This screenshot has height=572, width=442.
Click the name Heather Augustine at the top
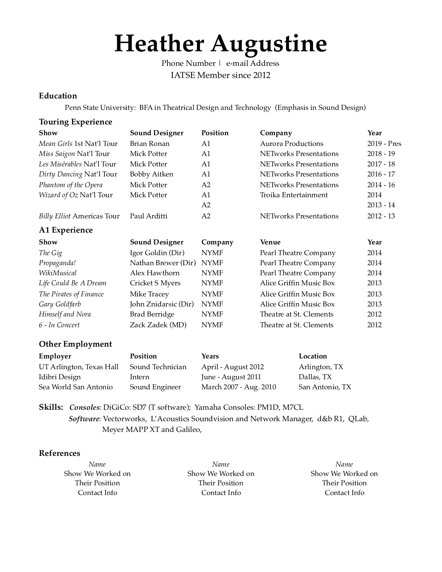pos(220,44)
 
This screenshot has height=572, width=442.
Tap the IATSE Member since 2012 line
pos(220,75)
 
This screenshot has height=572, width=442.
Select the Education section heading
pos(58,96)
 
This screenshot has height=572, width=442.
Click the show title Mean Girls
pos(55,144)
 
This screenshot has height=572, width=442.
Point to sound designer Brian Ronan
pos(150,144)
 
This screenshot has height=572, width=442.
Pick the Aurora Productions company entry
pos(292,144)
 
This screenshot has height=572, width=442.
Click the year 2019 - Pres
pos(384,144)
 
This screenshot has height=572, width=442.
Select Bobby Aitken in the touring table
pos(151,174)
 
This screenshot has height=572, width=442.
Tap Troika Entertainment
pos(294,195)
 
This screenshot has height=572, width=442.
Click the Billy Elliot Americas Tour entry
pos(79,216)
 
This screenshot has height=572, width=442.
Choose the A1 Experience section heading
pos(66,230)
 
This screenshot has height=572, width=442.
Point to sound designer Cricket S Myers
pos(155,283)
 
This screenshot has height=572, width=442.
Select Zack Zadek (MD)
pos(158,325)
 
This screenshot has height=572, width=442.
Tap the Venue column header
pos(270,242)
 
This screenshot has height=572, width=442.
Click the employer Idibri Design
pos(60,377)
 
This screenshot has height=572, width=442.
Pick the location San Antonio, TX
pos(325,387)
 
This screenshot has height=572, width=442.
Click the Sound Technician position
pos(158,367)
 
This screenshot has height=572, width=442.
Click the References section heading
pos(59,453)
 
